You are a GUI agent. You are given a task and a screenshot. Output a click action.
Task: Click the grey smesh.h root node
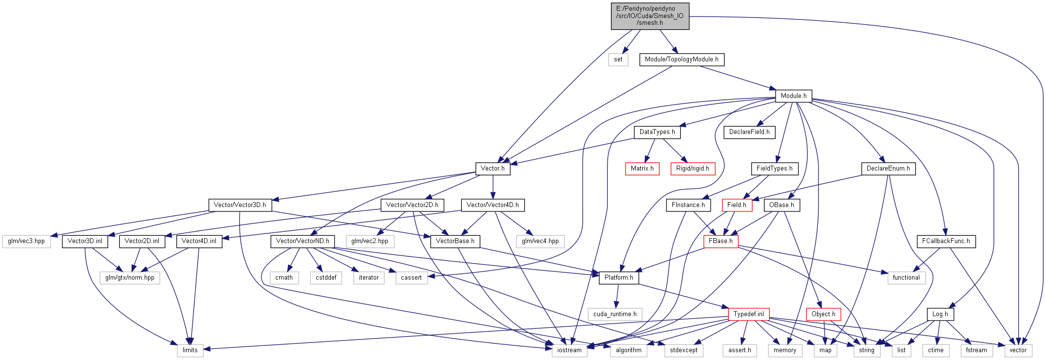tap(650, 16)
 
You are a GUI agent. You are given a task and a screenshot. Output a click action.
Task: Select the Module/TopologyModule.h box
tap(682, 59)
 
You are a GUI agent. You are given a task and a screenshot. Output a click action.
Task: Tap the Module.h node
tap(794, 96)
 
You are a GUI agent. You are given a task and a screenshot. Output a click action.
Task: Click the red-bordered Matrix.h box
tap(642, 169)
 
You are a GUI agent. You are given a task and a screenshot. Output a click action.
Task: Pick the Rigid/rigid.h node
tap(693, 169)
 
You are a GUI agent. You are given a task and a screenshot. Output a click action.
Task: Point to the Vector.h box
tap(493, 169)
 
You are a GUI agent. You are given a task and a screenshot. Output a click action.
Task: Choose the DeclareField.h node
tap(749, 132)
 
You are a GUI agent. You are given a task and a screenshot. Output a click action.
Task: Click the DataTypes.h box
tap(657, 132)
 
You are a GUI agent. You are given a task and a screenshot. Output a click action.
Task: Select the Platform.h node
tap(619, 278)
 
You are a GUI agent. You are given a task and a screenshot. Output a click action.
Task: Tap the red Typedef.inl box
tap(749, 314)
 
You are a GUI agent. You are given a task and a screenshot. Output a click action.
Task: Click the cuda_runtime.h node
tap(615, 314)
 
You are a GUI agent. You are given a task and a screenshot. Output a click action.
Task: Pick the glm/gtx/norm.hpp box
tap(130, 278)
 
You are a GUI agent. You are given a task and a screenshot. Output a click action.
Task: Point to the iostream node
tap(570, 350)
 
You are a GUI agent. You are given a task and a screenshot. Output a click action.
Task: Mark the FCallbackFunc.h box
tap(946, 241)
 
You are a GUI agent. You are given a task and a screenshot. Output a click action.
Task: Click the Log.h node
tap(940, 314)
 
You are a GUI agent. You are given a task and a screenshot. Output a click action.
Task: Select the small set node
tap(618, 59)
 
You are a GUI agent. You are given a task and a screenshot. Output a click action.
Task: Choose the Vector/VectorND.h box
tap(303, 241)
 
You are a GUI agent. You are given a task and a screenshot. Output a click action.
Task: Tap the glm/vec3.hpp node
tap(26, 241)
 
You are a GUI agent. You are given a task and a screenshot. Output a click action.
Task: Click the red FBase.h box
tap(721, 241)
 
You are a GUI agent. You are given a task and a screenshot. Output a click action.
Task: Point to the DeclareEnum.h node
tap(888, 169)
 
